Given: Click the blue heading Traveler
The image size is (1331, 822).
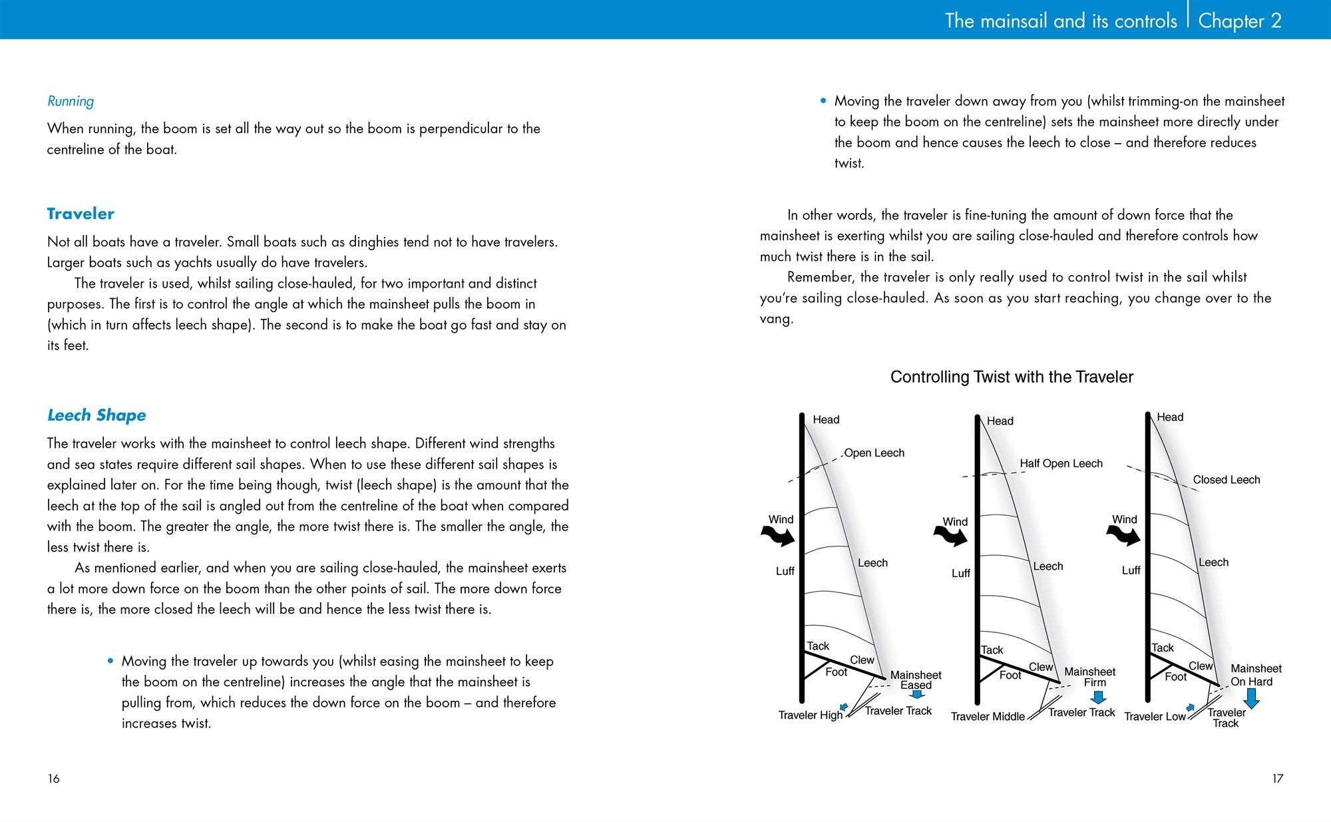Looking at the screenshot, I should (81, 214).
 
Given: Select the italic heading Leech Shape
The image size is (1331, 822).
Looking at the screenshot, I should (96, 415).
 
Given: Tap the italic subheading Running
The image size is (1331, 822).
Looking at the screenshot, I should (71, 101).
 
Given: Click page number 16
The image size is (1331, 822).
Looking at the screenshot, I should (53, 778).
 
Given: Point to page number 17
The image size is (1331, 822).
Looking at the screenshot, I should (1277, 778).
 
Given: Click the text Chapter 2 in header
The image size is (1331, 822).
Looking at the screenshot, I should (1239, 21).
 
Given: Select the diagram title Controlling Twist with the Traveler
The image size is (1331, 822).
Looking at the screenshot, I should (1012, 377).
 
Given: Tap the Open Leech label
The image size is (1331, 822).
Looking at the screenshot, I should (874, 453).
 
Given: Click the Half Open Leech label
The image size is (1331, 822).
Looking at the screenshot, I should (1061, 463).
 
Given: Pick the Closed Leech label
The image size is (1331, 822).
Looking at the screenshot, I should (1226, 479).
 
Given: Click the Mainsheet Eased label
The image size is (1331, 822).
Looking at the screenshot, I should (916, 680).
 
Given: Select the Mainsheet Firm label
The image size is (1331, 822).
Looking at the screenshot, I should (1089, 677).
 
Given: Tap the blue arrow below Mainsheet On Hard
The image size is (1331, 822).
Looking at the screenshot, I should (1251, 698).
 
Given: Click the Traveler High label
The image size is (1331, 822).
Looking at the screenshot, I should (810, 715).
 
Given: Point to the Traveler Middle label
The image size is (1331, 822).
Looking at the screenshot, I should (987, 716).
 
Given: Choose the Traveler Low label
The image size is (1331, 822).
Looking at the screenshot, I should (1155, 716).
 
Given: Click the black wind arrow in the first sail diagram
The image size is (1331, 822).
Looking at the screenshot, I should (778, 534).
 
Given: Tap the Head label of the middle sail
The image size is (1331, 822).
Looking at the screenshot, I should (1000, 421).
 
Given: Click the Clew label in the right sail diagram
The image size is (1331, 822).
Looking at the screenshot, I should (1201, 666).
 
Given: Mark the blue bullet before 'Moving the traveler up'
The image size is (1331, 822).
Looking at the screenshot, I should (110, 661).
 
